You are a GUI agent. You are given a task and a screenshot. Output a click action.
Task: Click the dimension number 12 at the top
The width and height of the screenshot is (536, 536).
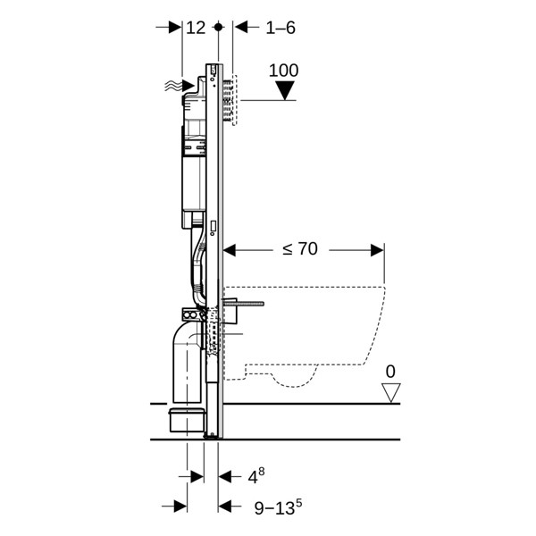(x=196, y=28)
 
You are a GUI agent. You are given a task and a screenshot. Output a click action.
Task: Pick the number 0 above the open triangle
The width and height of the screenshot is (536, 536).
(x=389, y=371)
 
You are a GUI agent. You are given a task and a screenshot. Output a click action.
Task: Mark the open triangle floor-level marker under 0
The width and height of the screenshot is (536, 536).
(x=390, y=391)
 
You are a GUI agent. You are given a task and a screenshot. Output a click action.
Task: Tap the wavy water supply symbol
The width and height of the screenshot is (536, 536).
(x=171, y=85)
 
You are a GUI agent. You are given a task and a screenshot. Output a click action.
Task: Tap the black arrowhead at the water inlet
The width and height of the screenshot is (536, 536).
(x=187, y=86)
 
